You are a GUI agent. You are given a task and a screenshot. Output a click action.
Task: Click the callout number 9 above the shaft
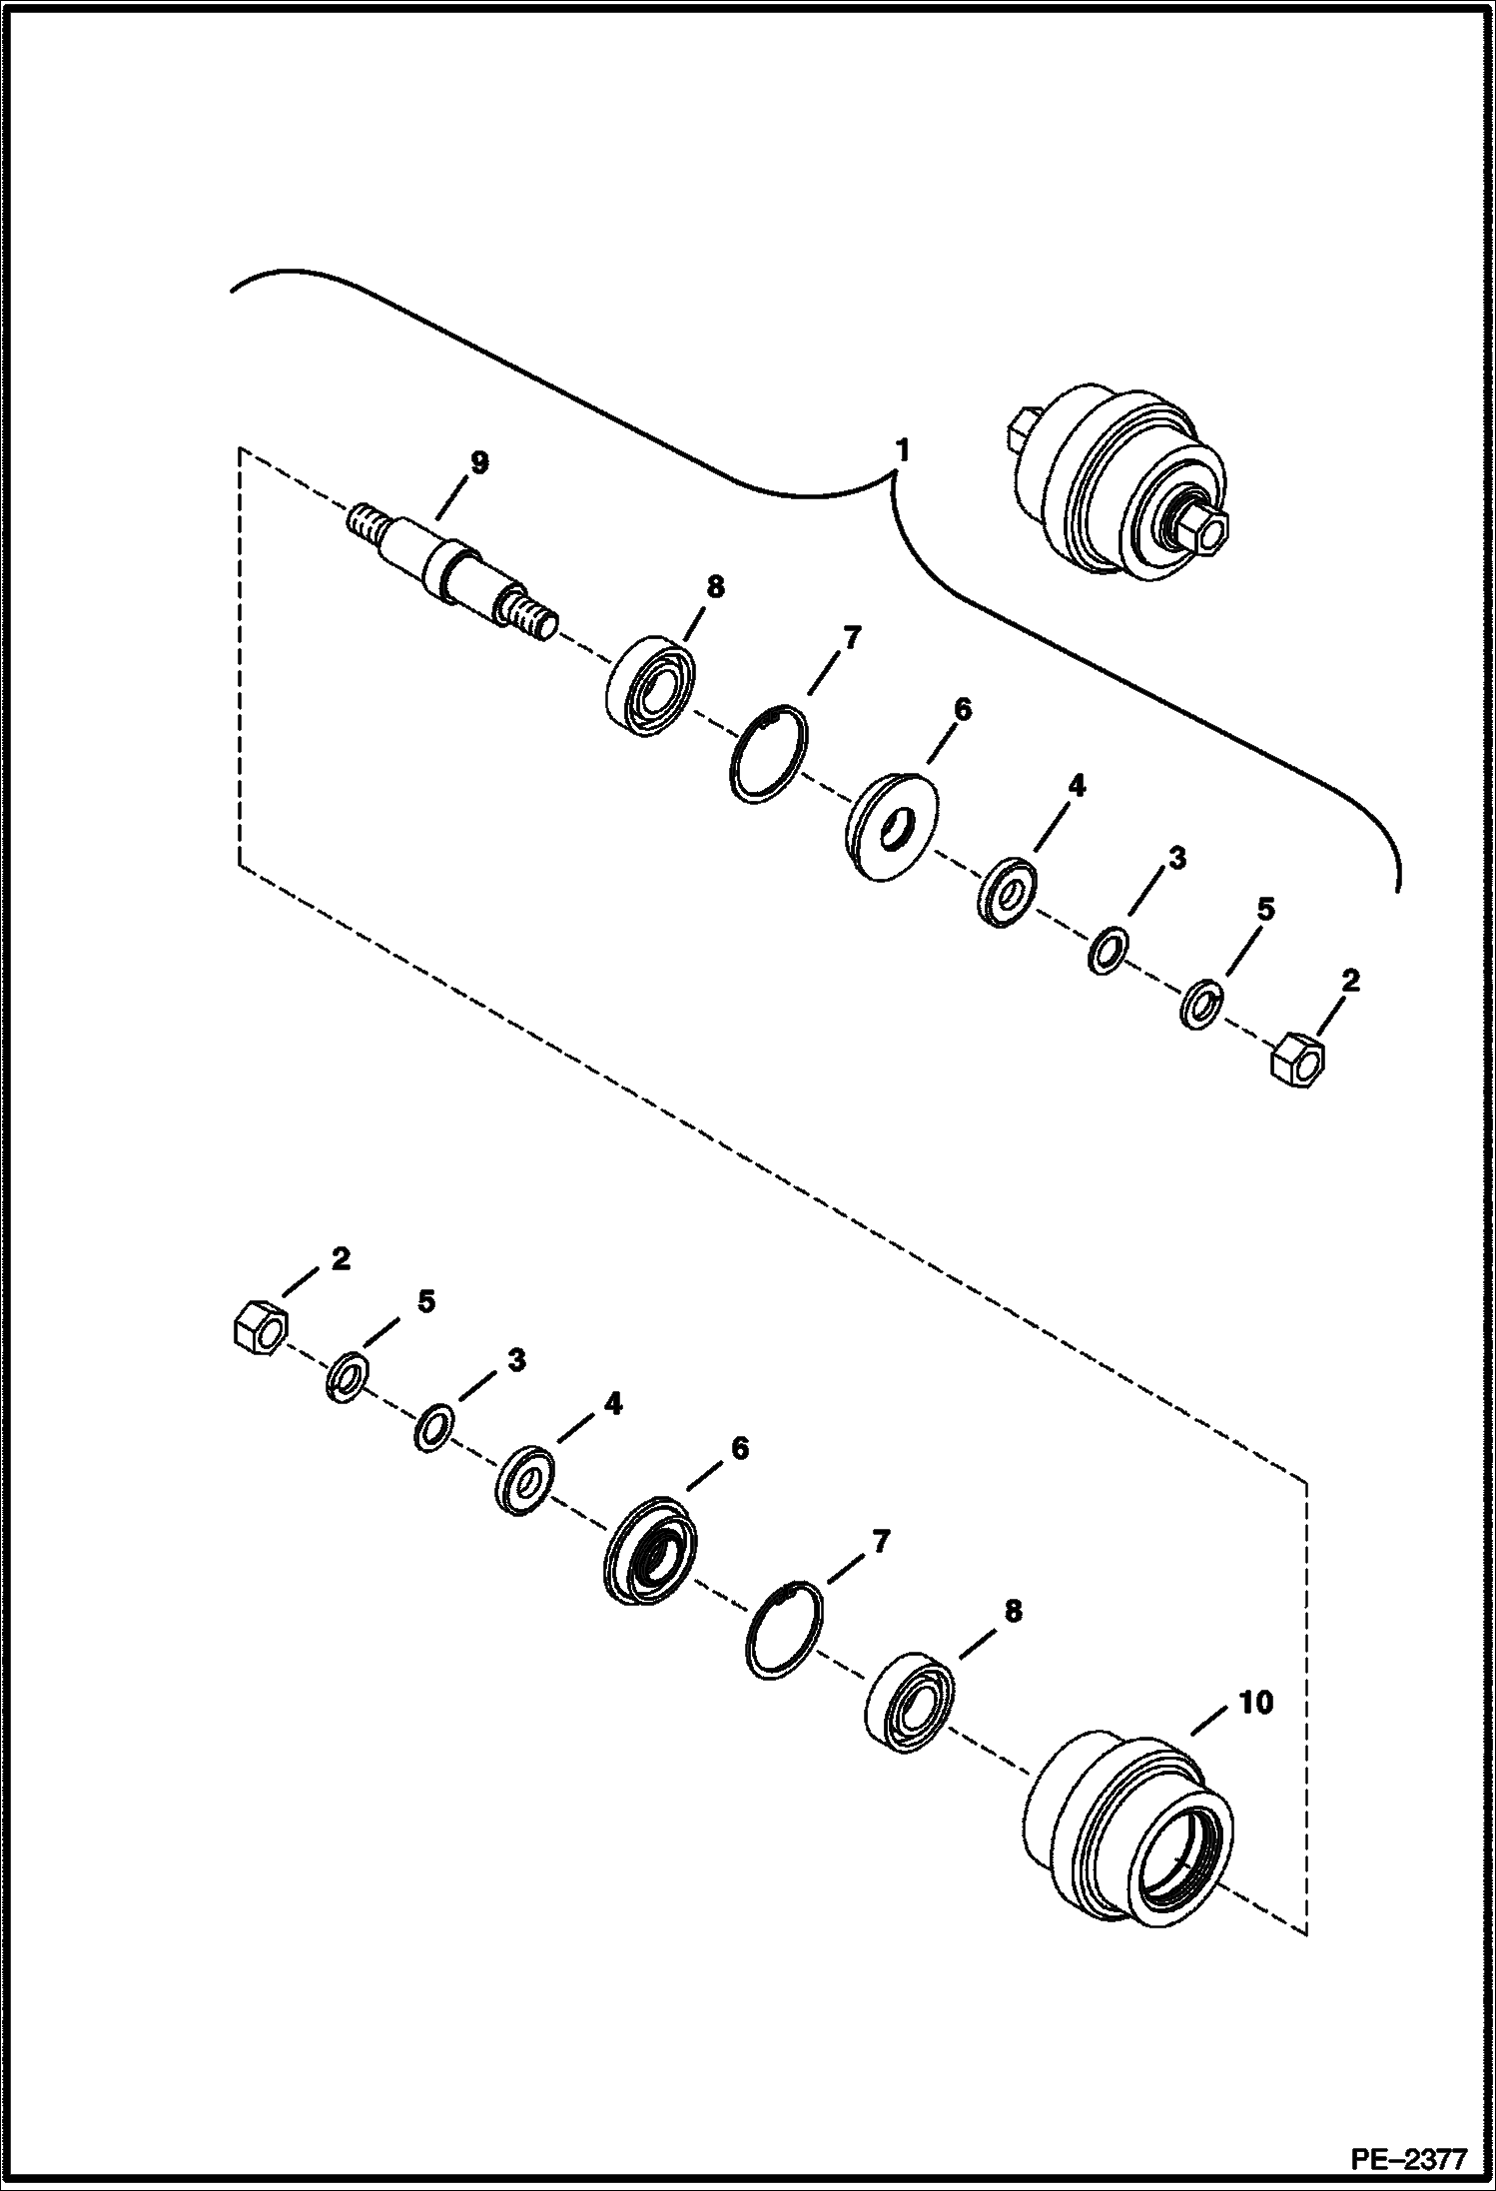(x=479, y=461)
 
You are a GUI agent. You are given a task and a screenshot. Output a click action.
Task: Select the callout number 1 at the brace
(x=902, y=451)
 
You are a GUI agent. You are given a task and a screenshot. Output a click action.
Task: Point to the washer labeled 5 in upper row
(x=1202, y=1004)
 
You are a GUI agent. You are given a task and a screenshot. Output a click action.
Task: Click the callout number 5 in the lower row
(x=425, y=1301)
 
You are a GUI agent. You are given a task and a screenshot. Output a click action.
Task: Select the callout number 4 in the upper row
(x=1075, y=786)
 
